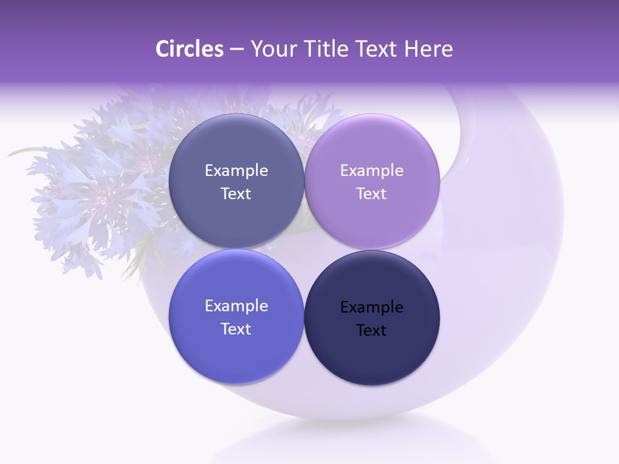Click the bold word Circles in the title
click(x=190, y=49)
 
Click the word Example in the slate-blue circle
click(x=236, y=171)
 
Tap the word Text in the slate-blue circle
click(x=236, y=194)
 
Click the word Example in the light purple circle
click(x=371, y=171)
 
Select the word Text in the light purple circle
click(x=371, y=194)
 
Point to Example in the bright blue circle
click(x=236, y=306)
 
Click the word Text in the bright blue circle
click(x=236, y=329)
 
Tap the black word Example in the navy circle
click(x=371, y=307)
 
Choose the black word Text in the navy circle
click(x=371, y=331)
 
